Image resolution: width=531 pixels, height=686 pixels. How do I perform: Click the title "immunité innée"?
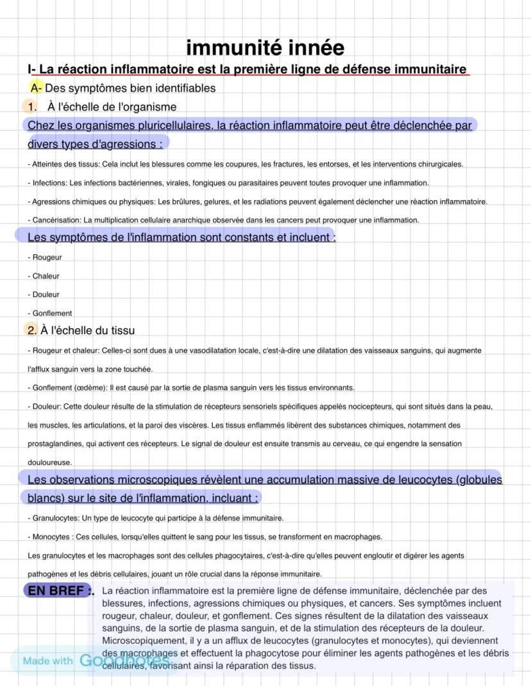265,47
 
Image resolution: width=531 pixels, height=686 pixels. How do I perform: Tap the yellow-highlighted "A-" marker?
36,88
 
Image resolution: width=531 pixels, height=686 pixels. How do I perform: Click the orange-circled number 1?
29,106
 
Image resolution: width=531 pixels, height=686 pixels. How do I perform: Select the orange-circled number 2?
31,330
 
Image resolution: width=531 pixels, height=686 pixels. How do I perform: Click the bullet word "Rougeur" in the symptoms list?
47,258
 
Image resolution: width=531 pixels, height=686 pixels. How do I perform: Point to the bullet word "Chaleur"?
46,276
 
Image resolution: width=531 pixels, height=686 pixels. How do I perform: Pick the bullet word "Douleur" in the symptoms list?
46,295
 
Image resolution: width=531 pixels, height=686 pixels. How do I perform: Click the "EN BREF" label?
56,590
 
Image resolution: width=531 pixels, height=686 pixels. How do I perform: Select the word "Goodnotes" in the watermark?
124,660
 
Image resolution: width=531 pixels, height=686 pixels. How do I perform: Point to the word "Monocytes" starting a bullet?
51,537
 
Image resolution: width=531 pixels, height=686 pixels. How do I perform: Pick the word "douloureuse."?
49,462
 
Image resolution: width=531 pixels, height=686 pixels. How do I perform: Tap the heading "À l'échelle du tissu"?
88,330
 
